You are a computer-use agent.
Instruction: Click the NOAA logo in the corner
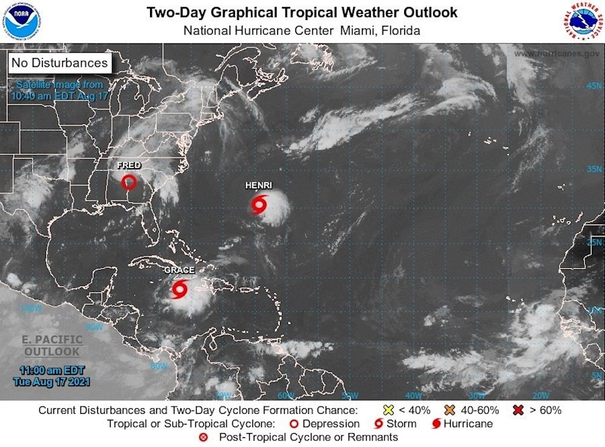pos(22,22)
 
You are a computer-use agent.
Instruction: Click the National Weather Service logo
pos(581,21)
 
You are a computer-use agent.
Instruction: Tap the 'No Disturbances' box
pos(59,62)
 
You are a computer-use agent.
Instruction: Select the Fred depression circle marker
pos(128,181)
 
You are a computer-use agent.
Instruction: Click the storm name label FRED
pos(129,165)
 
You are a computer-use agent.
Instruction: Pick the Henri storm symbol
pos(259,205)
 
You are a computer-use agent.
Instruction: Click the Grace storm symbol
pos(179,289)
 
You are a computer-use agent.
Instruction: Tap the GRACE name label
pos(179,270)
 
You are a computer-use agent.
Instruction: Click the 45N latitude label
pos(593,86)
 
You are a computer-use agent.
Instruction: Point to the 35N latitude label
pos(593,169)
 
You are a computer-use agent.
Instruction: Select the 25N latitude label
pos(593,243)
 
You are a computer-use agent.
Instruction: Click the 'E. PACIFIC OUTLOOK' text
pos(51,345)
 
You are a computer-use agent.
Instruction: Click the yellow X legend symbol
pos(389,410)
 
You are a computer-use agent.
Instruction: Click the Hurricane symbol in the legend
pos(436,423)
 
